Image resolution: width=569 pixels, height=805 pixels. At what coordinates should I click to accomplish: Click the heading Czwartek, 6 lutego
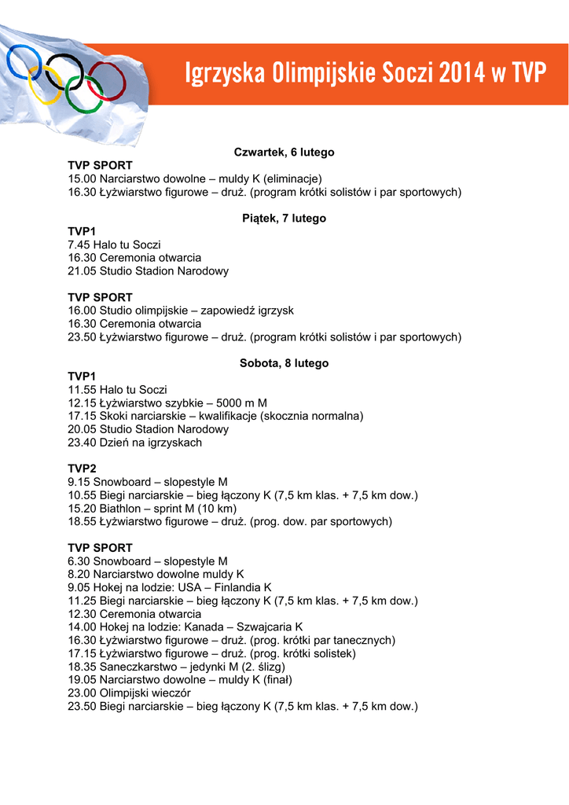pyautogui.click(x=284, y=152)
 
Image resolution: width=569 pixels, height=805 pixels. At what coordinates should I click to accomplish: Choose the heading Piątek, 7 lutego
pyautogui.click(x=284, y=219)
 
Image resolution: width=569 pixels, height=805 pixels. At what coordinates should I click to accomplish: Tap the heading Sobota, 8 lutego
pyautogui.click(x=284, y=363)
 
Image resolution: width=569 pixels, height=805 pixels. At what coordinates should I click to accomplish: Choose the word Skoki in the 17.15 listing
pyautogui.click(x=114, y=416)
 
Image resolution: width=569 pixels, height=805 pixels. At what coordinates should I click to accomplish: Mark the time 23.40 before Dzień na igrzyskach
pyautogui.click(x=81, y=443)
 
